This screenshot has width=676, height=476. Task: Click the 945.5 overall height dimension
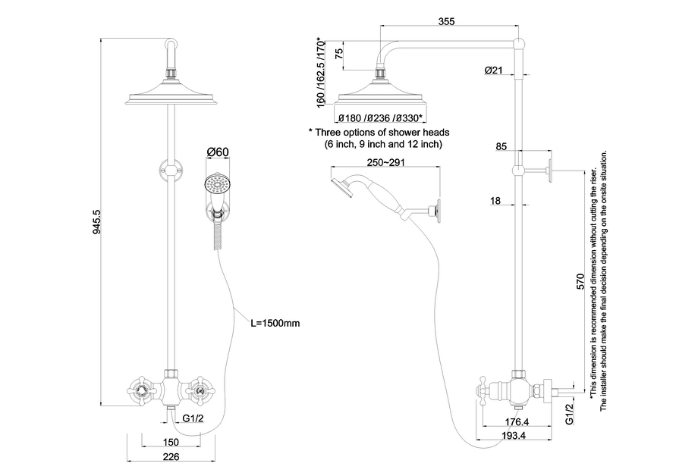point(96,221)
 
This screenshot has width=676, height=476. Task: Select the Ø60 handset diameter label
point(218,152)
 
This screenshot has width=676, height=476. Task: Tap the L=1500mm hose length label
point(275,323)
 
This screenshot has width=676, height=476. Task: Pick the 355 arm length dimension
point(446,22)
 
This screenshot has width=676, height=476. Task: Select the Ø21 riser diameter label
point(494,70)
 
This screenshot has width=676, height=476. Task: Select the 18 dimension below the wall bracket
point(495,200)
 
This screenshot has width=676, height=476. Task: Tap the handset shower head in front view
point(217,186)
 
